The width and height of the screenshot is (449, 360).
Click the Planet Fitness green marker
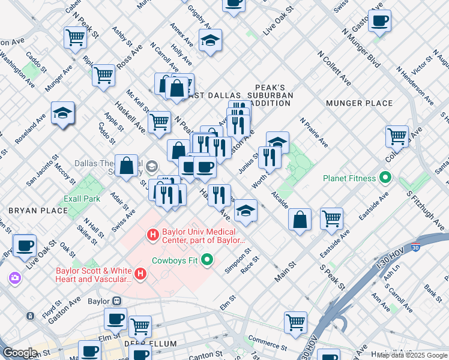pyautogui.click(x=386, y=178)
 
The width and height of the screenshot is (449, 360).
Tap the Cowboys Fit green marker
pyautogui.click(x=208, y=260)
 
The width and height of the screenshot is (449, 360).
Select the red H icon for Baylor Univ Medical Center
pyautogui.click(x=153, y=233)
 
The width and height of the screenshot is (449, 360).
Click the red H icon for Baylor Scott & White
pyautogui.click(x=141, y=274)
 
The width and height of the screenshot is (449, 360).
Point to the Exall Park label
pyautogui.click(x=82, y=198)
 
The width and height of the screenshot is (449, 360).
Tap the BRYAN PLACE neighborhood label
pyautogui.click(x=31, y=211)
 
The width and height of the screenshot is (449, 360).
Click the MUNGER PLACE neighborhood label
pyautogui.click(x=359, y=103)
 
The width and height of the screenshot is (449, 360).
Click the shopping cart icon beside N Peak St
pyautogui.click(x=76, y=37)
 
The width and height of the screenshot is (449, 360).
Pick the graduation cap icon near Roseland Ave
pyautogui.click(x=62, y=113)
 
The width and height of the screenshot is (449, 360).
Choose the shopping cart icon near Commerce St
pyautogui.click(x=295, y=322)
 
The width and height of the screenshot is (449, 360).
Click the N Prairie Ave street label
pyautogui.click(x=315, y=133)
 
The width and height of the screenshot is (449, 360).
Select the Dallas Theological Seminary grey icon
pyautogui.click(x=152, y=166)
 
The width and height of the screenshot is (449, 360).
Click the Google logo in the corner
pyautogui.click(x=20, y=353)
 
